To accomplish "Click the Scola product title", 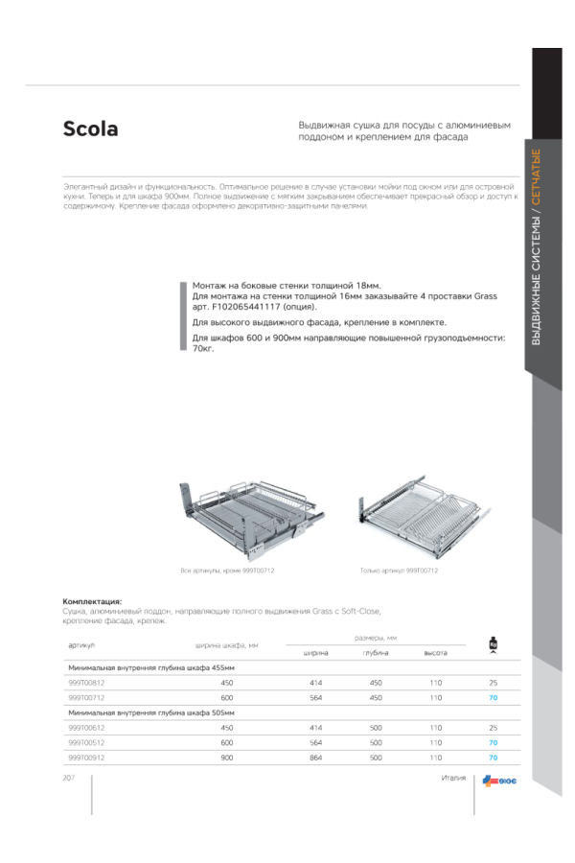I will [91, 129].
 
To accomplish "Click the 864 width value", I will [315, 758].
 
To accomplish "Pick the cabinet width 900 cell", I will [227, 758].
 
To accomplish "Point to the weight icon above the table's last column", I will [493, 643].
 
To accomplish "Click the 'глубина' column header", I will [375, 653].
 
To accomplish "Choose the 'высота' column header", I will [436, 653].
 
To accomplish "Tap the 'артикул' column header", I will [80, 645].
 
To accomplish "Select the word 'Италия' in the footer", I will [453, 778].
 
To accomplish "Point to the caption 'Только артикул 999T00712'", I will [399, 571].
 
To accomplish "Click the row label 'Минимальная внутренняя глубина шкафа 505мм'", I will [151, 712].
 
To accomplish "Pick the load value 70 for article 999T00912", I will [493, 758].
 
